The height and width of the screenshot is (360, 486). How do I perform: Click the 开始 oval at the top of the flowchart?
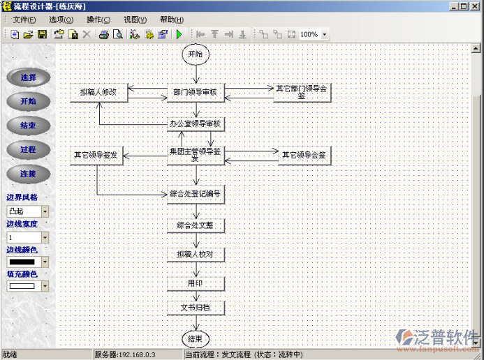click(196, 54)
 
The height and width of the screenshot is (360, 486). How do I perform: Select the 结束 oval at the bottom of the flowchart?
click(196, 339)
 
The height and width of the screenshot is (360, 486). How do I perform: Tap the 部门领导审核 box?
click(196, 92)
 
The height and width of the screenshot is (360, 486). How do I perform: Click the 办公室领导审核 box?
click(196, 124)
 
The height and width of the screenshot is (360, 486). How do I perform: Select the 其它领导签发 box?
click(97, 156)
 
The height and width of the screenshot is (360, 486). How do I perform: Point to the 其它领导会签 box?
click(304, 156)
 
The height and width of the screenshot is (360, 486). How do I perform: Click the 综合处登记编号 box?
click(196, 193)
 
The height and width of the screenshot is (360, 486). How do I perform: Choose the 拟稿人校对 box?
click(196, 254)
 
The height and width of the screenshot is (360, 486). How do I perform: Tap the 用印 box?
click(196, 283)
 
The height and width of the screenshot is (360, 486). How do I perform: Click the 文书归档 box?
click(196, 308)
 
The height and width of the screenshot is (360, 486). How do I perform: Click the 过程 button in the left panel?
click(28, 149)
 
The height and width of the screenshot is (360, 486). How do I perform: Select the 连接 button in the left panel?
click(28, 174)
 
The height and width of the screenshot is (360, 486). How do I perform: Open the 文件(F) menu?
click(25, 20)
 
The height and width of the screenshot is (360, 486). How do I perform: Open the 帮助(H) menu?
click(171, 20)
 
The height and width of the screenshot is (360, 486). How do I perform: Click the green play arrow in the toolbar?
click(179, 34)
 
